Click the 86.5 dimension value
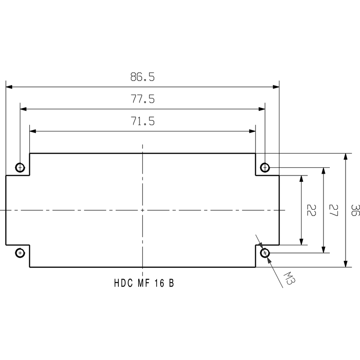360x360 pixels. click(x=143, y=77)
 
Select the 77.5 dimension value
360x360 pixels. click(x=143, y=99)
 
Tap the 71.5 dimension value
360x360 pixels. click(x=143, y=121)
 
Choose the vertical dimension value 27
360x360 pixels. click(x=333, y=210)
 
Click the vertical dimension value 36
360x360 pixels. click(x=355, y=210)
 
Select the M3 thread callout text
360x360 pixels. click(x=289, y=280)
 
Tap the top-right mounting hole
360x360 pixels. click(x=265, y=168)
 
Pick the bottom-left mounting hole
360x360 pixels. click(x=20, y=253)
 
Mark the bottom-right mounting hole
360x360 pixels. click(x=265, y=253)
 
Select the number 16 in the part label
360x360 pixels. click(x=157, y=283)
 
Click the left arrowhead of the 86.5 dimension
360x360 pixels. click(x=9, y=87)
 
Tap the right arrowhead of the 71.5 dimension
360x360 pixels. click(x=252, y=131)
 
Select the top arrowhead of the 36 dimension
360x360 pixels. click(x=346, y=157)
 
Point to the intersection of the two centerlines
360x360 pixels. click(x=143, y=210)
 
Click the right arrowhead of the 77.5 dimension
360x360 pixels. click(x=261, y=109)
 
